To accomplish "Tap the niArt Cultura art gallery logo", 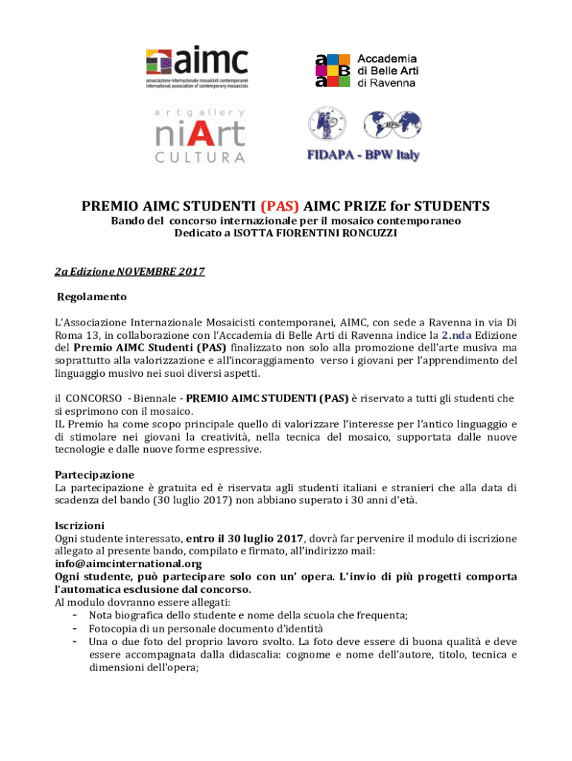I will (200, 135).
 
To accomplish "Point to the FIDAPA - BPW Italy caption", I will (364, 155).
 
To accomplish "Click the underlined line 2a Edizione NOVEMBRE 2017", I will (130, 272).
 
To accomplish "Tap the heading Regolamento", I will (92, 297).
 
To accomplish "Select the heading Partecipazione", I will (94, 474).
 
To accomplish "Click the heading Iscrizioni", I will (79, 525).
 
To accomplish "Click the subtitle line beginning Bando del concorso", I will (286, 221).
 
